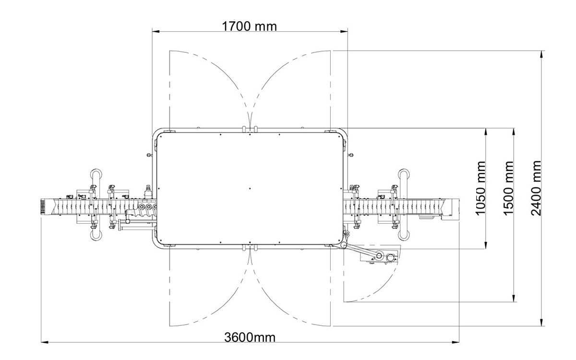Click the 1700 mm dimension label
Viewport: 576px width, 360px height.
pos(249,26)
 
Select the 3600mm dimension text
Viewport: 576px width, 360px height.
pos(250,337)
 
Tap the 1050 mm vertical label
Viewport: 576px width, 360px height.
pos(480,188)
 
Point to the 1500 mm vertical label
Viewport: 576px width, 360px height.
pos(508,188)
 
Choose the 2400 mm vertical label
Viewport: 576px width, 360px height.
pos(536,188)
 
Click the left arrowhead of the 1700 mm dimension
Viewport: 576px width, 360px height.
pos(156,32)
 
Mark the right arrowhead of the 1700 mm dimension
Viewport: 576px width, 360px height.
pos(344,32)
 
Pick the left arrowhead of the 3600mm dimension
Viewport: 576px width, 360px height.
pos(45,342)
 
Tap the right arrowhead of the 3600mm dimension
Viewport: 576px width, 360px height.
pos(456,342)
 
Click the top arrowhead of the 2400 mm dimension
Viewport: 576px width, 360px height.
pos(542,55)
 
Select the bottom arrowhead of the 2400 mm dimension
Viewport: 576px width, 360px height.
pos(542,322)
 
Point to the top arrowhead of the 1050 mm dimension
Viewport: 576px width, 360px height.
pos(486,132)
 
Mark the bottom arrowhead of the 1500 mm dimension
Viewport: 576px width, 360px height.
pos(514,298)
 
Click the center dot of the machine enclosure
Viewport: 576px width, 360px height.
pos(250,189)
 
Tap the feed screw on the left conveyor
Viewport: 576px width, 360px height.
pos(142,214)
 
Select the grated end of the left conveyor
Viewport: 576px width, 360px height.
pos(43,206)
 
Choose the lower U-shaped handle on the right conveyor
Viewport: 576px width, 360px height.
pos(404,233)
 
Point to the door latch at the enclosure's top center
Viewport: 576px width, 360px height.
pos(250,129)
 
